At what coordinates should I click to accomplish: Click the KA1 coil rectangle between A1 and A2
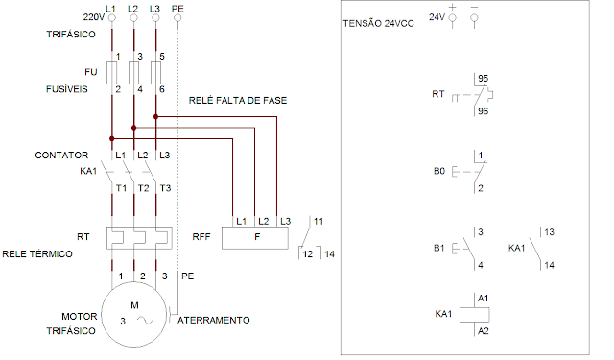click(474, 315)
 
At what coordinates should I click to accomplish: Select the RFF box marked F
click(255, 238)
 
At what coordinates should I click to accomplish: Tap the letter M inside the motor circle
click(134, 305)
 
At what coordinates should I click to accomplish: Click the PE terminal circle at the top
click(177, 18)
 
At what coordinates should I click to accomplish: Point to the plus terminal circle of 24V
click(453, 18)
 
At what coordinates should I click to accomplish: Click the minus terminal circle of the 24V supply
click(474, 18)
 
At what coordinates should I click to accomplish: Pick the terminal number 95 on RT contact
click(484, 79)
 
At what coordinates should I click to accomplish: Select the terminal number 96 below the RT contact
click(484, 111)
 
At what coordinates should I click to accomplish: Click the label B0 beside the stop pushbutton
click(439, 171)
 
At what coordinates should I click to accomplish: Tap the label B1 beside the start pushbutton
click(439, 248)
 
